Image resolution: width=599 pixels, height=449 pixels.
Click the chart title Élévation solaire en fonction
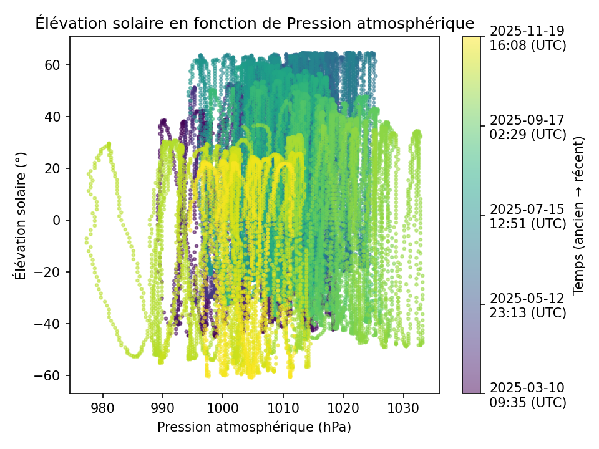[x=255, y=24]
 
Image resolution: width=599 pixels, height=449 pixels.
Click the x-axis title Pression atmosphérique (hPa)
[x=254, y=427]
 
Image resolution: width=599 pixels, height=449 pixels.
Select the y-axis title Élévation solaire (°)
[x=21, y=215]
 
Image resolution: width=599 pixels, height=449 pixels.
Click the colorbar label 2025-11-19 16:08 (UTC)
[x=528, y=38]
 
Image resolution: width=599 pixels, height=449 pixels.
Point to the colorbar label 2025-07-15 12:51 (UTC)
[x=528, y=216]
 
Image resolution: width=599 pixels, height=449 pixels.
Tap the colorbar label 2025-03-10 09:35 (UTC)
[x=528, y=395]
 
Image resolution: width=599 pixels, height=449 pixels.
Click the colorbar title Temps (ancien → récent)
[x=578, y=215]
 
